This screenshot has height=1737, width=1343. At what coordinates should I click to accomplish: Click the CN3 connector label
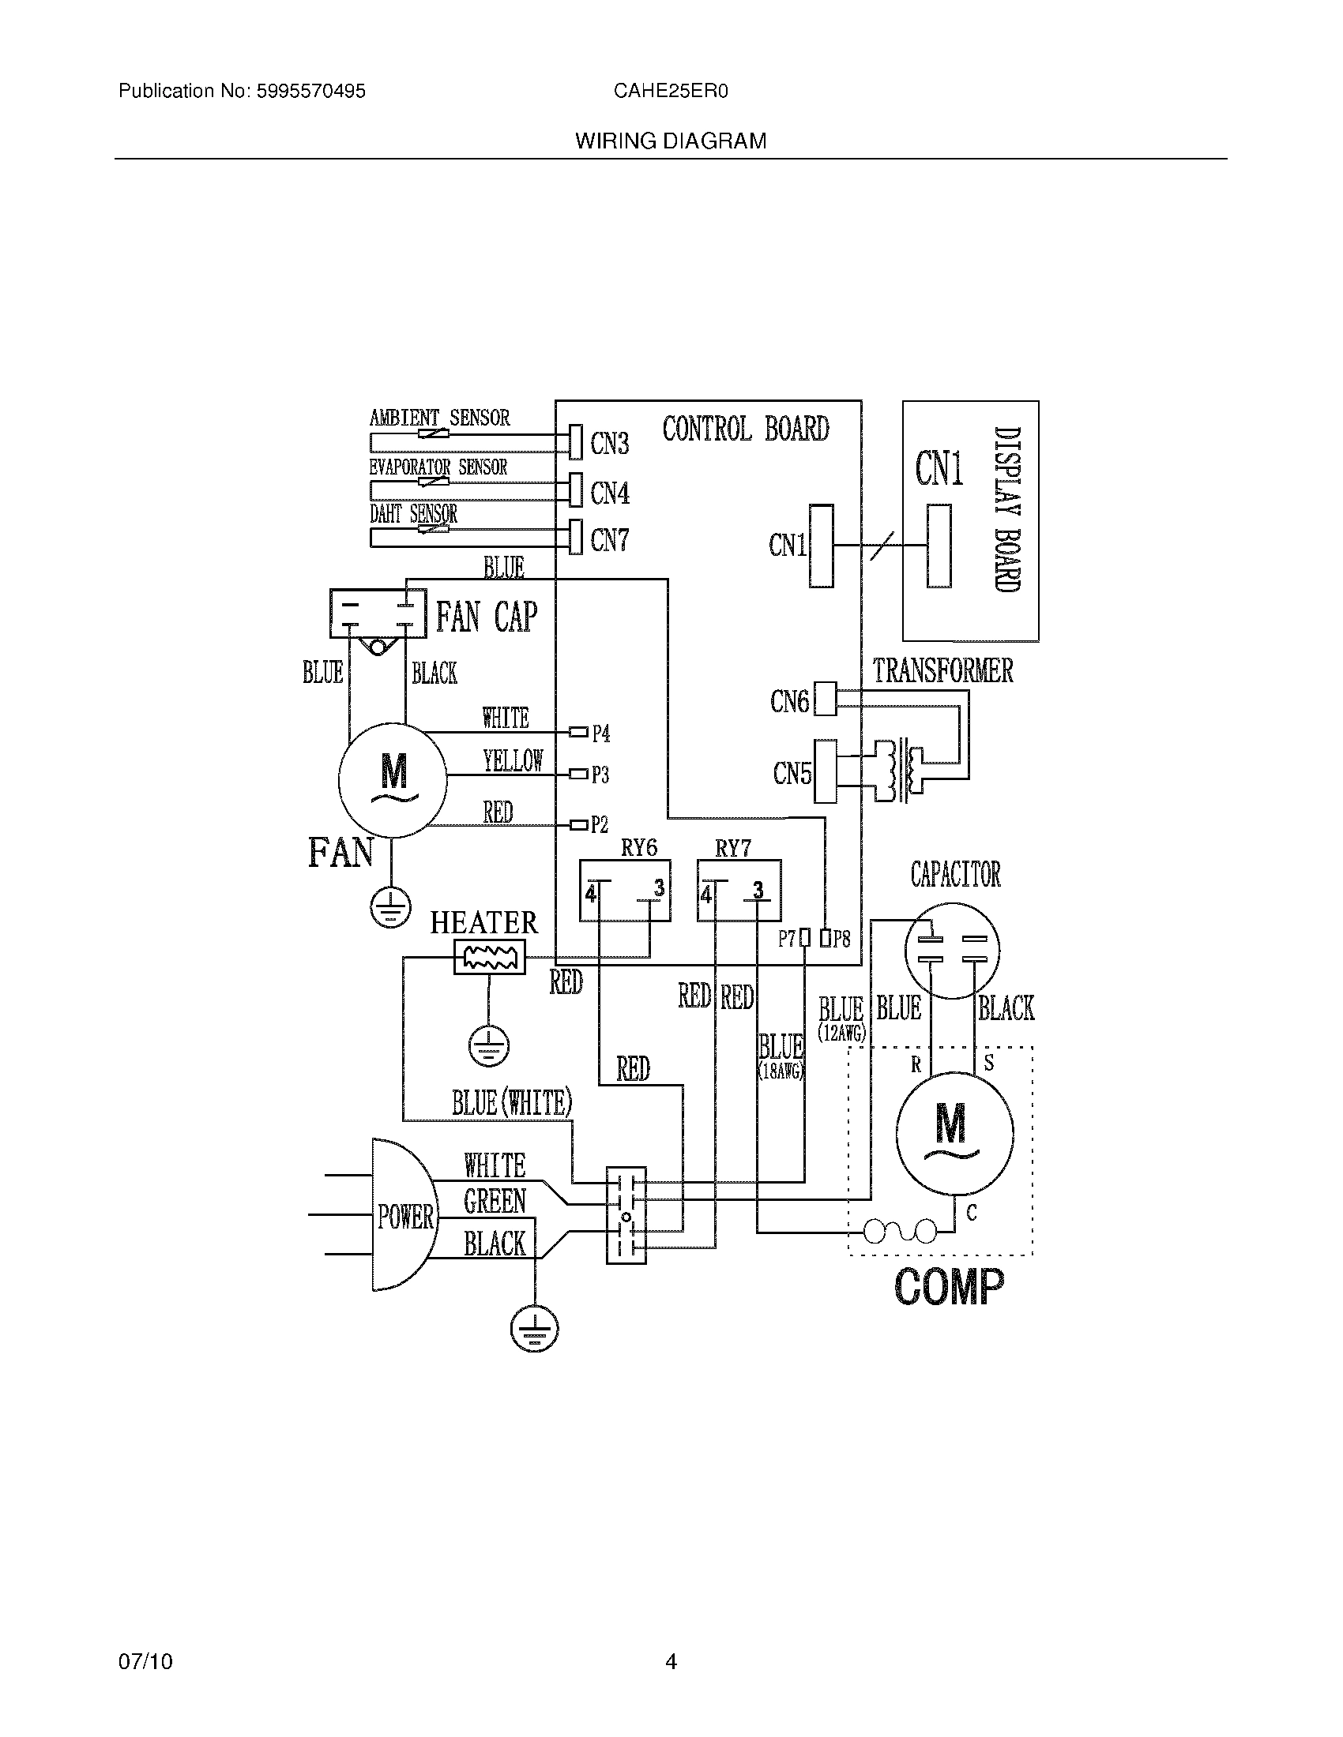click(609, 444)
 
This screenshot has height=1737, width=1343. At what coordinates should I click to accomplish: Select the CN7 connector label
click(609, 541)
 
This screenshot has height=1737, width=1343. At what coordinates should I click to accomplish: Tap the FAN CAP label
click(486, 617)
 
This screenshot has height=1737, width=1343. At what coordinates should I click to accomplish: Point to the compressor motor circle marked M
click(954, 1134)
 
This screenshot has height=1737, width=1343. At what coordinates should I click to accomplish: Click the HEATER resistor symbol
click(489, 957)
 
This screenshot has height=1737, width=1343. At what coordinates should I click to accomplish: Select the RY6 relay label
click(639, 848)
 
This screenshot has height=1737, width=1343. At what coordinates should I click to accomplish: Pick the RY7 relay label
click(733, 849)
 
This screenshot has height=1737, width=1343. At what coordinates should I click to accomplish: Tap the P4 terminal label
click(600, 733)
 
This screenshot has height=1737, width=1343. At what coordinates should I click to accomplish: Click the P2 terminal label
click(599, 825)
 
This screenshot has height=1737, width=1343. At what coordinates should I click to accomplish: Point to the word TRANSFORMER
click(942, 670)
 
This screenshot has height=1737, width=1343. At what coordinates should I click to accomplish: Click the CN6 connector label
click(789, 701)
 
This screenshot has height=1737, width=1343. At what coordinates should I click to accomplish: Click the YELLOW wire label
click(513, 761)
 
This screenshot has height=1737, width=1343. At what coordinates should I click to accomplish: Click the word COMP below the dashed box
click(949, 1287)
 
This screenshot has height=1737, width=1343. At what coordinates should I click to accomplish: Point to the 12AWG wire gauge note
click(841, 1034)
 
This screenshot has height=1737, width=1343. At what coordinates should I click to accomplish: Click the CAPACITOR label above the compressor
click(956, 875)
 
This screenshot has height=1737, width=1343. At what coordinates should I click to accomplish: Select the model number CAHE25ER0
click(671, 92)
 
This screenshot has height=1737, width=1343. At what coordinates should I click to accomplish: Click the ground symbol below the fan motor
click(389, 906)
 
